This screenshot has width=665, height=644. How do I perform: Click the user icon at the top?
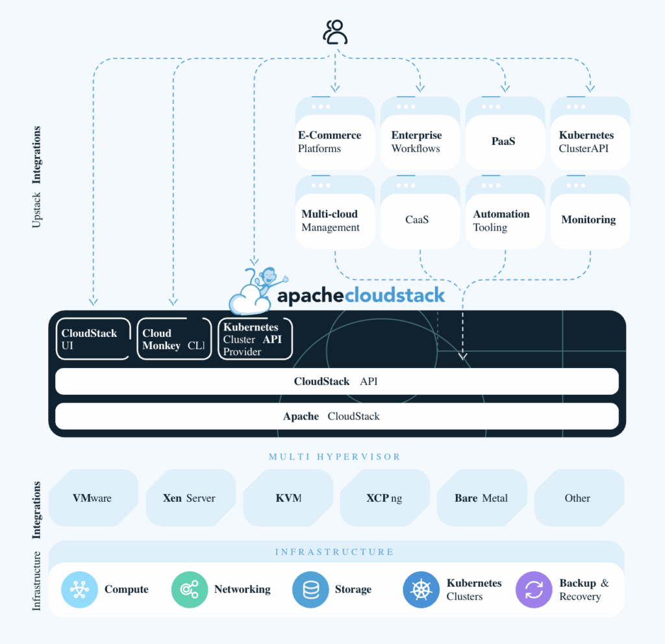(335, 32)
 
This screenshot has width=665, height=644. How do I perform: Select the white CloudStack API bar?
(336, 382)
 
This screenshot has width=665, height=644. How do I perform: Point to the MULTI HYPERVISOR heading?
(334, 457)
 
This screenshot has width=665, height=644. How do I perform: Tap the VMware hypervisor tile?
(93, 498)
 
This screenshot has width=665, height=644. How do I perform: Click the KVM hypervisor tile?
(288, 498)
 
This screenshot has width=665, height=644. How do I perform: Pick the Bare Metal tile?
(481, 498)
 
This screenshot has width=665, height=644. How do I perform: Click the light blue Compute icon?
(79, 589)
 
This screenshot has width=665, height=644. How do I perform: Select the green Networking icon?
(189, 589)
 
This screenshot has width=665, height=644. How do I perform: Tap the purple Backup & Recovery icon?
(534, 589)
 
